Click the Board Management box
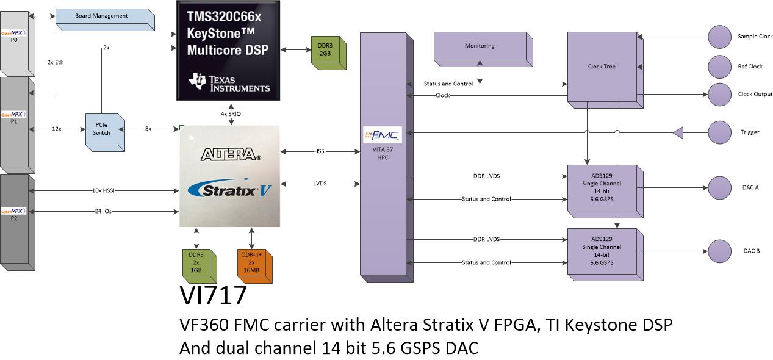[105, 20]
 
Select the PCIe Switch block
[105, 132]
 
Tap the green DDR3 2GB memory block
[328, 53]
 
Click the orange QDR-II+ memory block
[254, 266]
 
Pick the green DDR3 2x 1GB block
[200, 266]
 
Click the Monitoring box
[483, 49]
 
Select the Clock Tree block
[605, 70]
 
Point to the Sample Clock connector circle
[719, 37]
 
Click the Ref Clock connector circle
[719, 67]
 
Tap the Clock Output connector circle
[719, 94]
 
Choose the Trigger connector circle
[719, 132]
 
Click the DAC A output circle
[719, 188]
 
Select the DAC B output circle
[719, 251]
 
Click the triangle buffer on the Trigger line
[679, 132]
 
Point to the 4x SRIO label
[231, 114]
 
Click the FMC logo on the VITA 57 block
[383, 135]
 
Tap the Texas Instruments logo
[229, 82]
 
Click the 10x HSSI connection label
[103, 190]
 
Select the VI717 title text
[213, 295]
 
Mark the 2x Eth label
[56, 62]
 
